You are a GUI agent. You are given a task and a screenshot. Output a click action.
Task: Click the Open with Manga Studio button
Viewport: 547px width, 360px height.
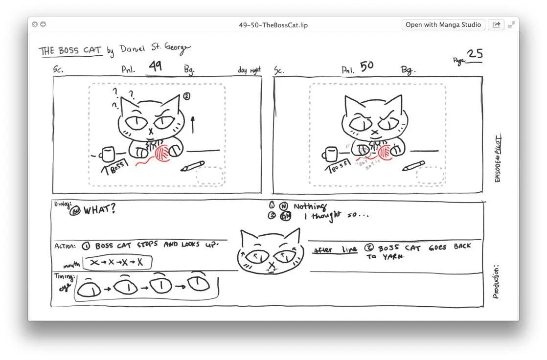pyautogui.click(x=443, y=25)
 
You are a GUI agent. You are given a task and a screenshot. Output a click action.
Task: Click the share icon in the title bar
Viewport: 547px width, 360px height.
pyautogui.click(x=496, y=25)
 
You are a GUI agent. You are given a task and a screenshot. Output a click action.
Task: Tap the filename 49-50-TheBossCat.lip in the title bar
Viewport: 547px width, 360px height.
pyautogui.click(x=273, y=25)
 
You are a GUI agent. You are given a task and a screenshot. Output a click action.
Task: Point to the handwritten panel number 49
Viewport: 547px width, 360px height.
pyautogui.click(x=155, y=66)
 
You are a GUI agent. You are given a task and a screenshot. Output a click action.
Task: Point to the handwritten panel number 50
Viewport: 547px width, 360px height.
pyautogui.click(x=366, y=66)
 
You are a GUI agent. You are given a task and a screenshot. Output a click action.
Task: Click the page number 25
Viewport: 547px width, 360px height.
pyautogui.click(x=474, y=54)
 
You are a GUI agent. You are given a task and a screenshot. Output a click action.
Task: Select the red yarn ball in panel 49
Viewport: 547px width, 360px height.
pyautogui.click(x=163, y=152)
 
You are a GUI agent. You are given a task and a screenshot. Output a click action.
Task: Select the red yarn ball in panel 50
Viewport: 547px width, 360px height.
pyautogui.click(x=385, y=152)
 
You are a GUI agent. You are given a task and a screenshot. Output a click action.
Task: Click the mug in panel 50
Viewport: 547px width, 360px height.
pyautogui.click(x=330, y=155)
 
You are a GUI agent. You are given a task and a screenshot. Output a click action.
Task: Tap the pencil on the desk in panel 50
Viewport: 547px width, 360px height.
pyautogui.click(x=414, y=166)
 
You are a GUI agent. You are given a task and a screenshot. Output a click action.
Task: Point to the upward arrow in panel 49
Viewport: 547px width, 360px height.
pyautogui.click(x=192, y=124)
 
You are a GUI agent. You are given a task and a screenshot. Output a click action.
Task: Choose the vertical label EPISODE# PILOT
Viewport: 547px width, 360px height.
pyautogui.click(x=498, y=158)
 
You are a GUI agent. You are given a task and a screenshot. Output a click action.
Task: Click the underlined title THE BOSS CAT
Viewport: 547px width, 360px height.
pyautogui.click(x=70, y=51)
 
